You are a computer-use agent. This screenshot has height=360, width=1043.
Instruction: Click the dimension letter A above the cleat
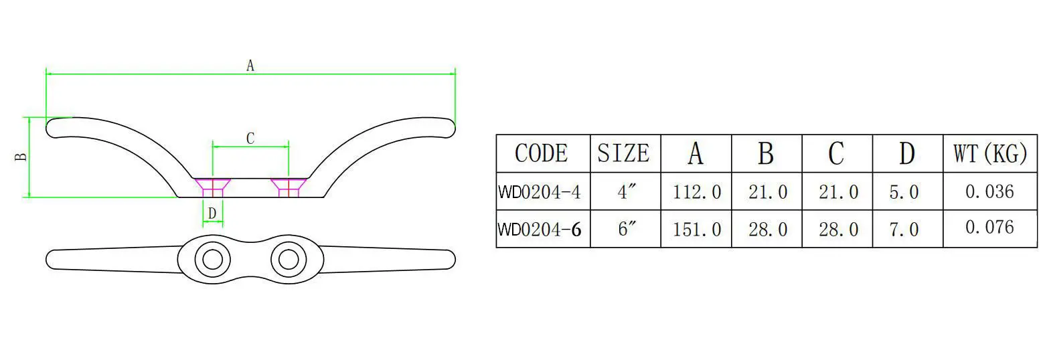[x=250, y=66]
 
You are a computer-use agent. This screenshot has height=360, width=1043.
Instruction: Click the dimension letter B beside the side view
[x=21, y=157]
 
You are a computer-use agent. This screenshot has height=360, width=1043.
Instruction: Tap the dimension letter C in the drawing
[x=250, y=139]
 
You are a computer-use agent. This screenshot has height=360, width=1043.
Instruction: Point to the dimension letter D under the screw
[x=212, y=213]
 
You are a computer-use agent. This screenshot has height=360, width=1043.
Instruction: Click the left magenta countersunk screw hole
[x=213, y=187]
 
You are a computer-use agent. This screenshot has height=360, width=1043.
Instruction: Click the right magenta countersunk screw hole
[x=289, y=187]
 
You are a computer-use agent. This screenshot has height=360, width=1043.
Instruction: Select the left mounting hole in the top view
[x=213, y=259]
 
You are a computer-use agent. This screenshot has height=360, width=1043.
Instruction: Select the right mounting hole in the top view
[x=289, y=259]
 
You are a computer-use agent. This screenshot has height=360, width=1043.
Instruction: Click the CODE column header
[x=542, y=153]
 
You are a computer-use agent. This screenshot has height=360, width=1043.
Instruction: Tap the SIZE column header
[x=624, y=153]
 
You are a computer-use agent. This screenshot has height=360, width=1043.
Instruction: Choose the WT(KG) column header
[x=989, y=153]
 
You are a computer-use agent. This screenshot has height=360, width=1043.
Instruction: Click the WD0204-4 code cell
[x=540, y=193]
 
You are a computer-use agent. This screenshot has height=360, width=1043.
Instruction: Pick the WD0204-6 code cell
[x=540, y=230]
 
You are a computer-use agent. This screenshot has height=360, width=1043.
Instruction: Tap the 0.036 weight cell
[x=989, y=192]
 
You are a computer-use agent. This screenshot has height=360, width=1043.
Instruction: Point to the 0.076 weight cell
[x=989, y=228]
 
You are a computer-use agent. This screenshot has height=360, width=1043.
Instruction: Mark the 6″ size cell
[x=625, y=229]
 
